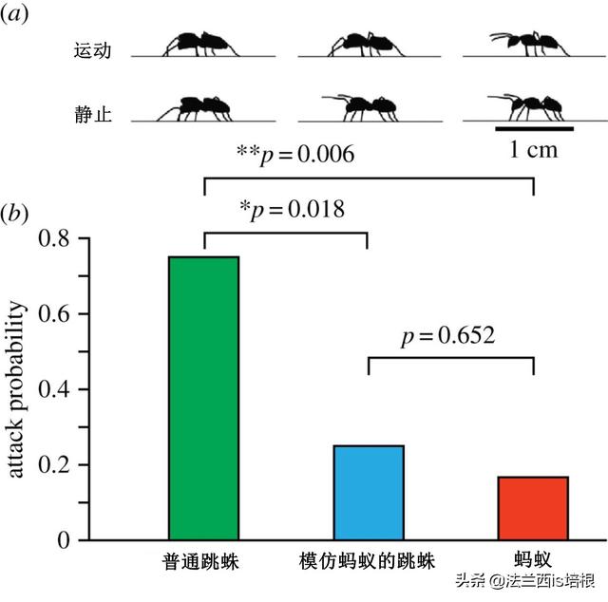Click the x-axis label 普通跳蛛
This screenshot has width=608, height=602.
tap(200, 562)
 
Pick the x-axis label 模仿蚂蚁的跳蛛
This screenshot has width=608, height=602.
tap(368, 562)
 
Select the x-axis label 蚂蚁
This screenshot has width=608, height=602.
tap(533, 562)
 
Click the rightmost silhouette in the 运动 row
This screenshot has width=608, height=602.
tap(530, 44)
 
